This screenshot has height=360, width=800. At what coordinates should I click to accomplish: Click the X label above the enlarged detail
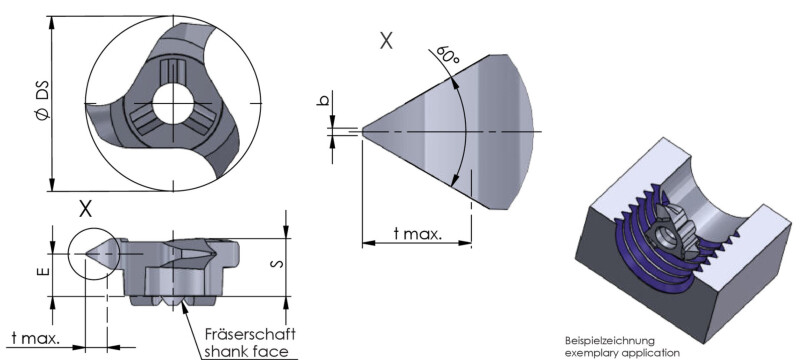(386, 41)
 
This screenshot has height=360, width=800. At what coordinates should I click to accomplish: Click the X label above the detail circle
(86, 209)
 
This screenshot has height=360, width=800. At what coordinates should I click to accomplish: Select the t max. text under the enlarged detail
(417, 233)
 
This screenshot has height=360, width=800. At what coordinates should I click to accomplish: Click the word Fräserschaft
(250, 334)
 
